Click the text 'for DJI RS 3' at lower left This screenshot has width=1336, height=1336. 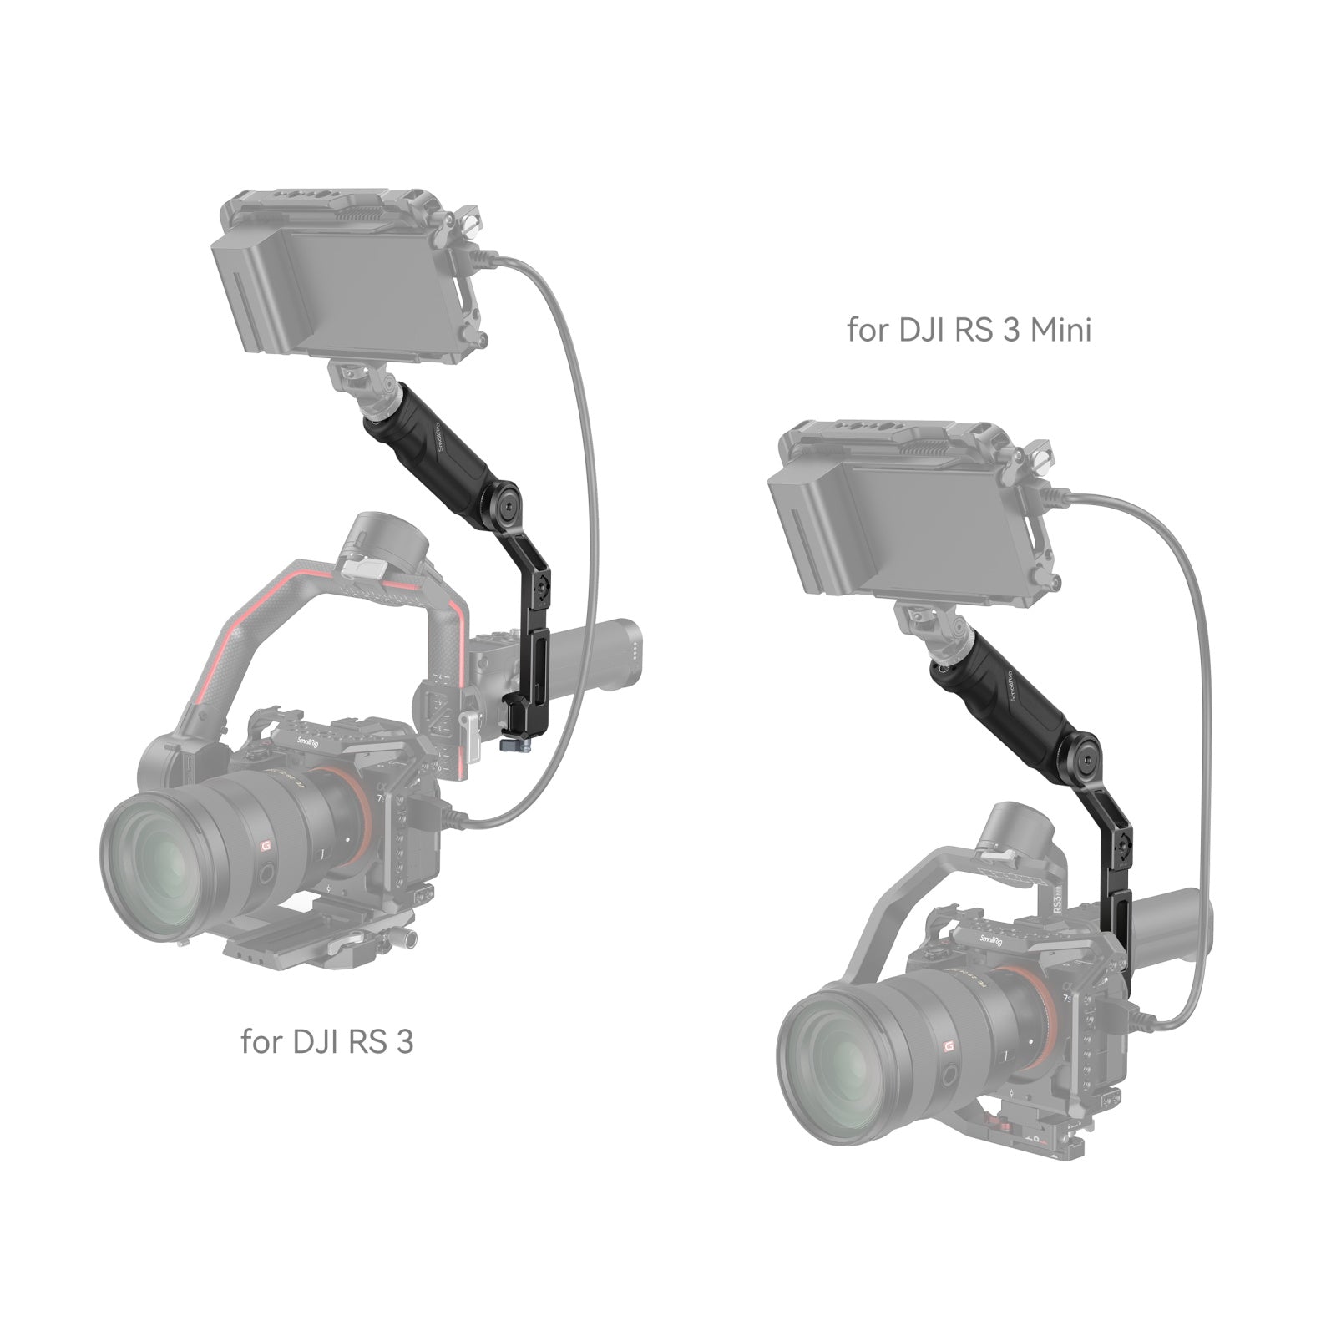(326, 1042)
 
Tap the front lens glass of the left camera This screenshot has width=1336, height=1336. (167, 864)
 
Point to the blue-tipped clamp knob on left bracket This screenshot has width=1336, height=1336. (507, 741)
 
